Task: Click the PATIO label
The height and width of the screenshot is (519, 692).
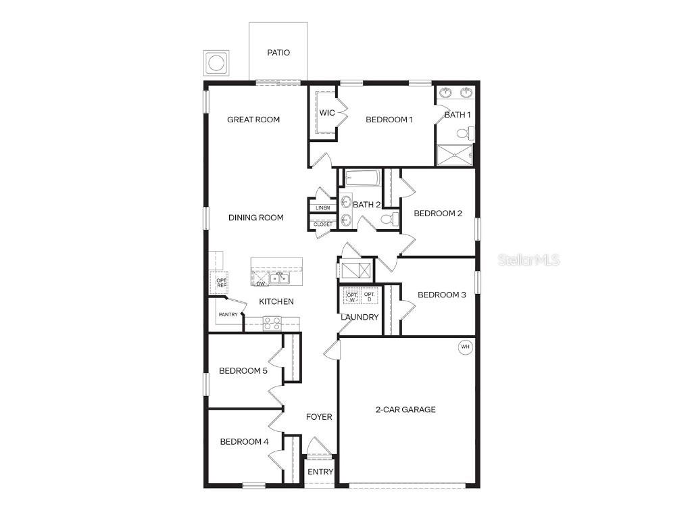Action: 278,53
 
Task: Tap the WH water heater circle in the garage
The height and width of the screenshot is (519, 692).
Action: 465,347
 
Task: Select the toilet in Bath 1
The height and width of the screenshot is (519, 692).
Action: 465,134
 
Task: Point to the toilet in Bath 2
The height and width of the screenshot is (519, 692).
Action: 389,219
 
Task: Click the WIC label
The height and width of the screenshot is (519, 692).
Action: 327,113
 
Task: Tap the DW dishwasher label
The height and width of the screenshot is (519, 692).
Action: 260,284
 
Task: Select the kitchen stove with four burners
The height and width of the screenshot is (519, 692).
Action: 272,323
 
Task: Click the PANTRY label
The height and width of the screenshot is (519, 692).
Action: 228,315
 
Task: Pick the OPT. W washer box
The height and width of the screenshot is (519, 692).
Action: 352,296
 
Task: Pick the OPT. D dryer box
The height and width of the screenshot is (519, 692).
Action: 369,296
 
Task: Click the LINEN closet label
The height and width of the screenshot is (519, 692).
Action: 322,207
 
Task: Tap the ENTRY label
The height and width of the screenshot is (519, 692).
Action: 320,472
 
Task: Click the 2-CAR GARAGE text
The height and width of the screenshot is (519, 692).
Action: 405,410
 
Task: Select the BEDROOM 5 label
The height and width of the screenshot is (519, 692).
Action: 243,371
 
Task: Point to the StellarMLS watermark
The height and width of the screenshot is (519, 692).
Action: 529,259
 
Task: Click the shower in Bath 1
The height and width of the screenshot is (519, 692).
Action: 455,156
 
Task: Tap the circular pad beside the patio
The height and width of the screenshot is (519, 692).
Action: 216,64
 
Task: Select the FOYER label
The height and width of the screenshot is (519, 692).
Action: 319,417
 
